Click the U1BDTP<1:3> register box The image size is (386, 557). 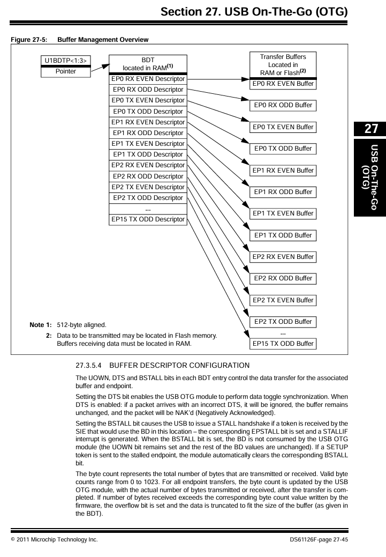[66, 61]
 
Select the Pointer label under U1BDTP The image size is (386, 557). [66, 71]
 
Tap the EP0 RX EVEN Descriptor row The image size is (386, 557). [148, 79]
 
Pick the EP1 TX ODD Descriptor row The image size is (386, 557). [148, 154]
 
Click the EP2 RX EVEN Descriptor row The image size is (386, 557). [148, 165]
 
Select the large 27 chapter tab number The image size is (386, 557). [369, 129]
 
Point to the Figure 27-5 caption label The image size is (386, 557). [26, 40]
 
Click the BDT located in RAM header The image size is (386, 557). [148, 63]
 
